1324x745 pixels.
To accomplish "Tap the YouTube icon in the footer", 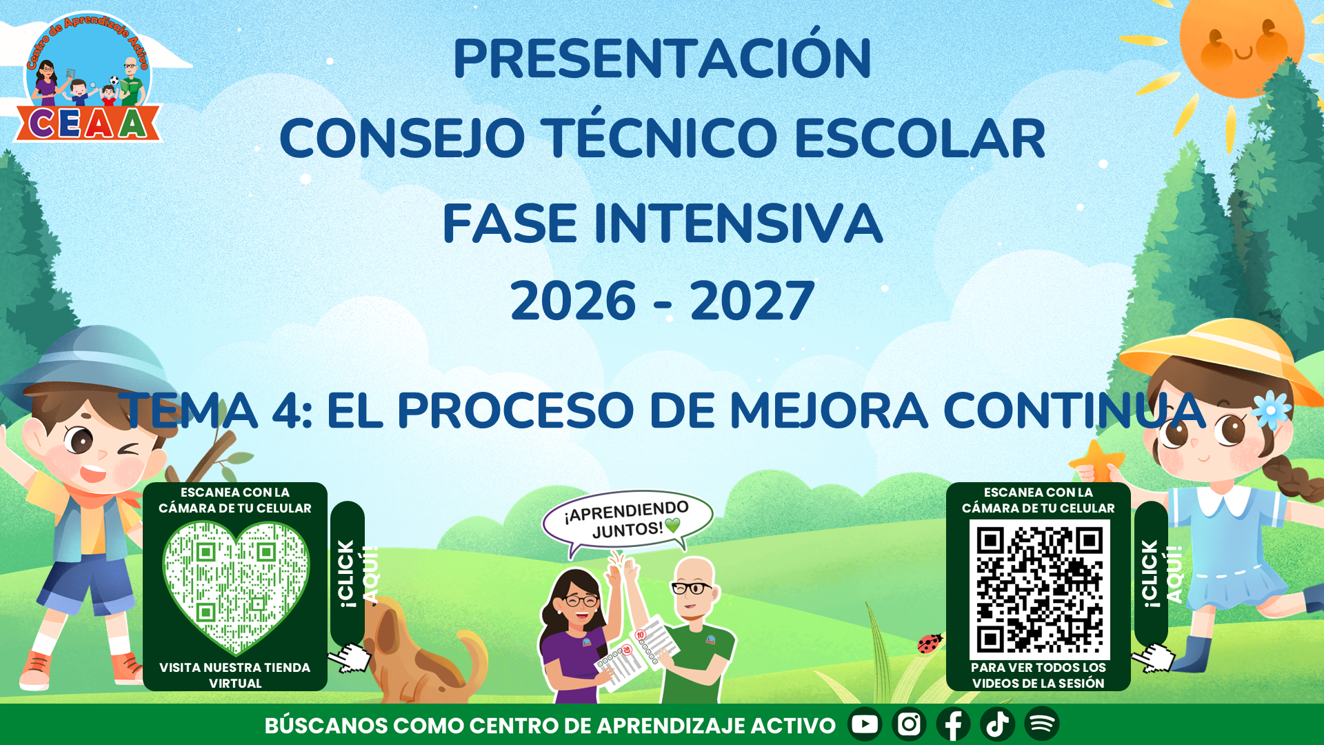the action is point(865,724).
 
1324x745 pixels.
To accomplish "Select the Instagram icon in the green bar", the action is point(909,724).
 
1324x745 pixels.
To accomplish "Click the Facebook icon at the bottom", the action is point(953,724).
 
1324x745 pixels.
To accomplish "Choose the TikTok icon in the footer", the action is point(997,724).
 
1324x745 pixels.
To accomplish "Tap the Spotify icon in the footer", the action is point(1042,724).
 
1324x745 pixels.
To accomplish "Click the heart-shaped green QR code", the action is point(236,587).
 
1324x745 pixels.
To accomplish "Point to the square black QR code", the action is point(1039,590).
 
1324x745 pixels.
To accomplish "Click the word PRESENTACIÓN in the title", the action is point(663,59).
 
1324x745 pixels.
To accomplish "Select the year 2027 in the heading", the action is point(752,301).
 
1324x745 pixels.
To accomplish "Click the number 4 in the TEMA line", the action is point(285,411).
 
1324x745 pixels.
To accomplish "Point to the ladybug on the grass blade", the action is point(930,643).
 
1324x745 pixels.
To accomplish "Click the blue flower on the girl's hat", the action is point(1271,410).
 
